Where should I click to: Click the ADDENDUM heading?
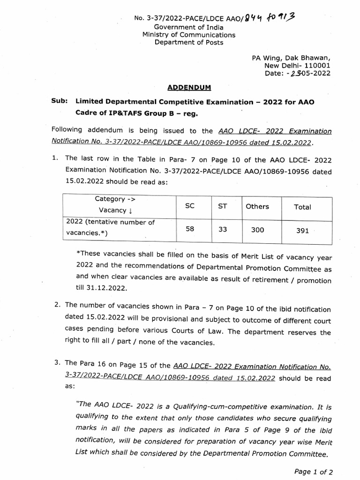[x=190, y=88]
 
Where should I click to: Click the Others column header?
[x=257, y=207]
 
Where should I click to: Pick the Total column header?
[x=302, y=207]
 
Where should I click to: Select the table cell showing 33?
[x=222, y=230]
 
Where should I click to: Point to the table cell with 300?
[x=257, y=230]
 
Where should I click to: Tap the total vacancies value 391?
[x=302, y=231]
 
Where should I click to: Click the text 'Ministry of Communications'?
[x=189, y=35]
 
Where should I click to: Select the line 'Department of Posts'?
[x=189, y=43]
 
